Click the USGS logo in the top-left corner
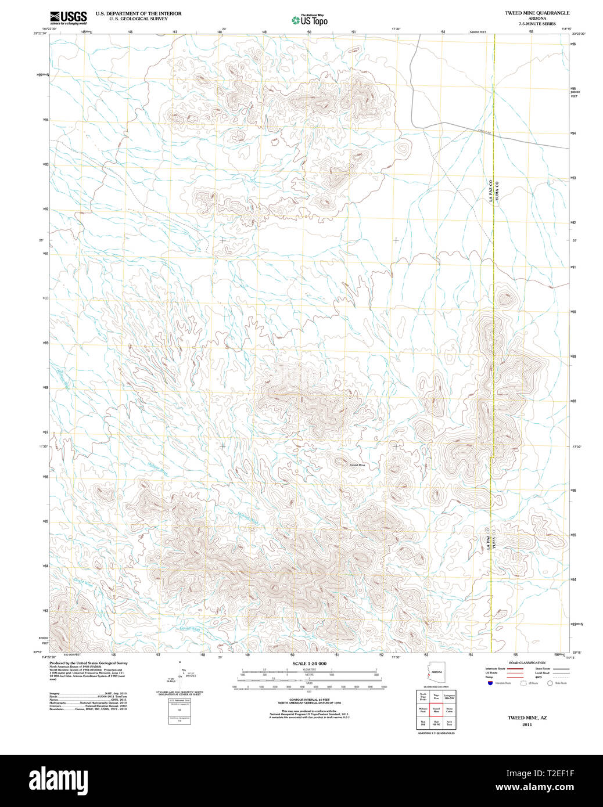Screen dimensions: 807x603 [x=68, y=17]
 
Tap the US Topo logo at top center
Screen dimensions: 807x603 [x=309, y=20]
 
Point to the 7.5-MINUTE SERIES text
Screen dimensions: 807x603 [x=537, y=24]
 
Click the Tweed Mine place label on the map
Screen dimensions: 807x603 [x=357, y=465]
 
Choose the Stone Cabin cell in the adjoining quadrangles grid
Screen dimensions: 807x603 [x=449, y=709]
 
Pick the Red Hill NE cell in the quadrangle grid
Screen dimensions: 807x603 [x=436, y=723]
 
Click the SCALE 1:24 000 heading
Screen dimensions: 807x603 [x=309, y=664]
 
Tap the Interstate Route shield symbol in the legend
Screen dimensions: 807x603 [x=490, y=683]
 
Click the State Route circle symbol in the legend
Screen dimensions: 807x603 [x=550, y=683]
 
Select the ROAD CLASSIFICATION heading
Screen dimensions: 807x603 [x=527, y=662]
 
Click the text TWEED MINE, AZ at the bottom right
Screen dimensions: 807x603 [x=527, y=718]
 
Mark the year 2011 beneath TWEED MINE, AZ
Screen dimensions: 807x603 [x=527, y=725]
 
